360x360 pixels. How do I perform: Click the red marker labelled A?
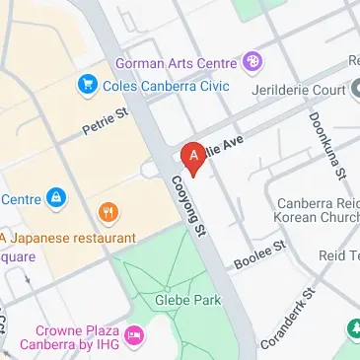[193, 157]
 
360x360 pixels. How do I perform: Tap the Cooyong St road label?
[186, 204]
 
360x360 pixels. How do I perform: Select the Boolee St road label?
[258, 254]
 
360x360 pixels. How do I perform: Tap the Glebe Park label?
[178, 298]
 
